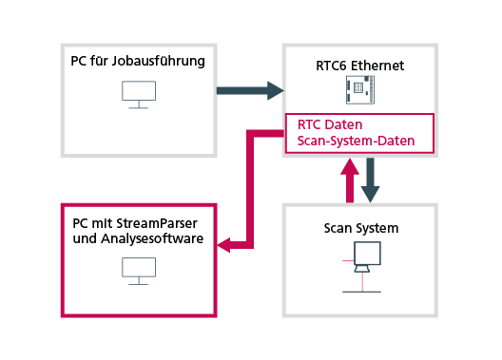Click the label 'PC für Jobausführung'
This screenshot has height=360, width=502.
138,62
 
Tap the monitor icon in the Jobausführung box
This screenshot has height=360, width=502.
139,93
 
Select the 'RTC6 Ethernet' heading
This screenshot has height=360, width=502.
359,66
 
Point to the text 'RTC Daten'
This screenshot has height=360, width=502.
329,125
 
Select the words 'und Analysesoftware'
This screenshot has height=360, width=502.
138,239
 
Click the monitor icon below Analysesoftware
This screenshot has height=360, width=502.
139,271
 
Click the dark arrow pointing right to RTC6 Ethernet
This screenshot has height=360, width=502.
250,90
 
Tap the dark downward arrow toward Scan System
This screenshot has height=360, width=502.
371,179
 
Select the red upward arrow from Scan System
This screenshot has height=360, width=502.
350,179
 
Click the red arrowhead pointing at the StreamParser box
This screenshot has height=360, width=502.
226,245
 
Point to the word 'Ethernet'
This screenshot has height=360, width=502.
377,66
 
